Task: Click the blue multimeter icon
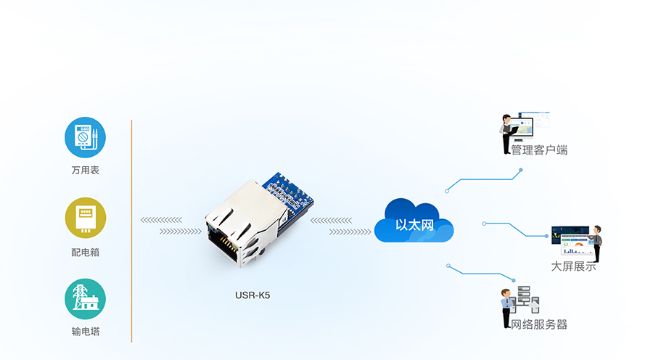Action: pyautogui.click(x=85, y=138)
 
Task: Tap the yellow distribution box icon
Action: pyautogui.click(x=85, y=218)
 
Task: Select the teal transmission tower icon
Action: pyautogui.click(x=85, y=298)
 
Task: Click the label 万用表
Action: pyautogui.click(x=85, y=171)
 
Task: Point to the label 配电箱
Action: pyautogui.click(x=85, y=252)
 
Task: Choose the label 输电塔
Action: pyautogui.click(x=85, y=332)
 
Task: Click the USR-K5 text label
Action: pyautogui.click(x=252, y=295)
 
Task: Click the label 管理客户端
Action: pyautogui.click(x=539, y=150)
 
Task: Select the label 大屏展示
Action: pyautogui.click(x=573, y=266)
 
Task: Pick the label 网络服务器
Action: pyautogui.click(x=539, y=324)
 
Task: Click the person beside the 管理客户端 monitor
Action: pyautogui.click(x=507, y=133)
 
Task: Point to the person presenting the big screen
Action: pyautogui.click(x=596, y=244)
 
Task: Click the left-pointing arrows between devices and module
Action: pyautogui.click(x=161, y=219)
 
